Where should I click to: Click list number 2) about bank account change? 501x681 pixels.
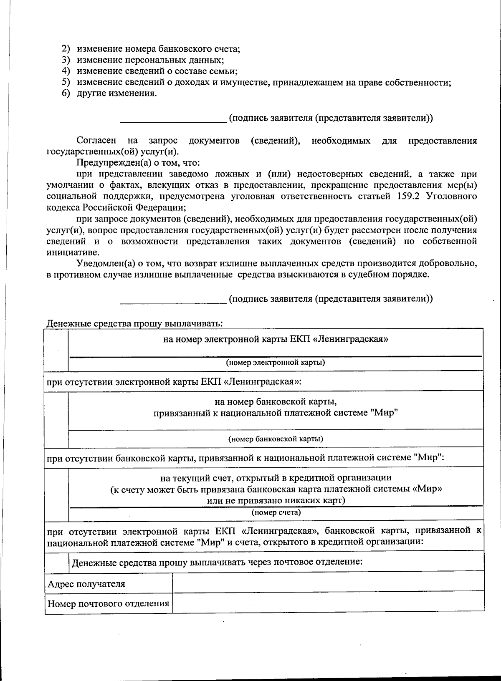pyautogui.click(x=66, y=48)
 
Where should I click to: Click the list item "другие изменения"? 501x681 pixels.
pyautogui.click(x=116, y=93)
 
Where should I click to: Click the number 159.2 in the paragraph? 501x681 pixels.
pyautogui.click(x=404, y=196)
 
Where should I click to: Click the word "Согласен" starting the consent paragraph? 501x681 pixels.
pyautogui.click(x=96, y=141)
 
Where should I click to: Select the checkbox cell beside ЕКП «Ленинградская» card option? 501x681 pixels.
pyautogui.click(x=56, y=350)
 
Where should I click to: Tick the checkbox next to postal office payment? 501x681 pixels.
pyautogui.click(x=56, y=562)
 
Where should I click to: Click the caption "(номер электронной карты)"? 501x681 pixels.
pyautogui.click(x=275, y=362)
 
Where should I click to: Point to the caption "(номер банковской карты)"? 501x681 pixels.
pyautogui.click(x=275, y=439)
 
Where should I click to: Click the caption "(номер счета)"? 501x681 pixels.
pyautogui.click(x=276, y=512)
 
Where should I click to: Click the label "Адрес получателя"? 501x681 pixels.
pyautogui.click(x=86, y=584)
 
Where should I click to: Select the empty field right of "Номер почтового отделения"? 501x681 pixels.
pyautogui.click(x=328, y=603)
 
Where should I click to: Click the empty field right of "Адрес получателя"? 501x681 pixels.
pyautogui.click(x=328, y=583)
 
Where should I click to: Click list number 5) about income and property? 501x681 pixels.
pyautogui.click(x=66, y=82)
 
